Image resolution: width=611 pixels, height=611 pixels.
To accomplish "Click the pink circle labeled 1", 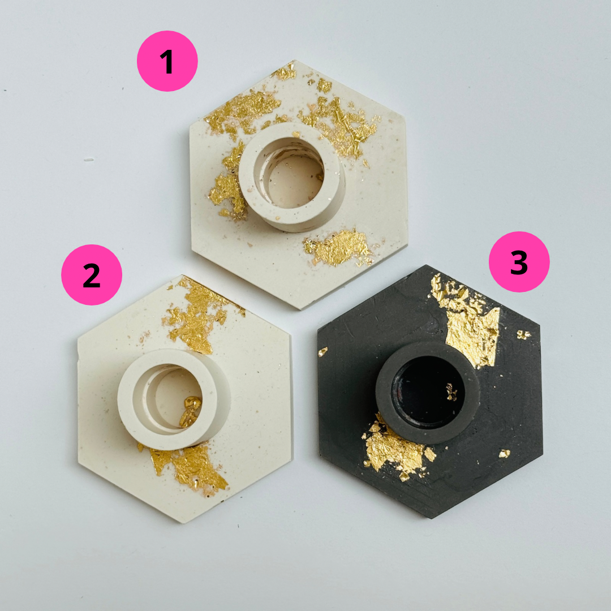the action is pos(167,61).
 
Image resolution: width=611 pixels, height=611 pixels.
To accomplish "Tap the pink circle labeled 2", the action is pos(92,275).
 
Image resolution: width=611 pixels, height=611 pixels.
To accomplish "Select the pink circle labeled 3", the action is pos(519,262).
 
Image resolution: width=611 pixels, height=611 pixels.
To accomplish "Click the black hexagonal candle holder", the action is pos(430,391).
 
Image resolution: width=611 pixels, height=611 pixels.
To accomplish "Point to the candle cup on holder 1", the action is pos(292,177).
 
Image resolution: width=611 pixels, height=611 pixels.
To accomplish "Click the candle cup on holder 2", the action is pos(174,400).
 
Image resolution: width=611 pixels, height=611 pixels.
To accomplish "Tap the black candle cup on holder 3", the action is pos(428,393).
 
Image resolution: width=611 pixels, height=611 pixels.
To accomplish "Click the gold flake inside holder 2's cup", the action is pos(191,411).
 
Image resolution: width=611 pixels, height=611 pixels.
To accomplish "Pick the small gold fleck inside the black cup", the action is pos(451,392).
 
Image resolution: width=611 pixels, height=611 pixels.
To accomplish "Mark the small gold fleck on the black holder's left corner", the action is pos(322,351).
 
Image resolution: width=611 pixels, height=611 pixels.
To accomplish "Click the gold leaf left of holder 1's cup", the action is pos(229,180).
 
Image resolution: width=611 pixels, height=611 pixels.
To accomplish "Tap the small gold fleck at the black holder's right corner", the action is pos(523,334).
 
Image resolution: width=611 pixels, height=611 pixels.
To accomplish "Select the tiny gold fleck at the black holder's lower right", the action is pos(504,453).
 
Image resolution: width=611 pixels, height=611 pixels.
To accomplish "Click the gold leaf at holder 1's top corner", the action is pos(285,72).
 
